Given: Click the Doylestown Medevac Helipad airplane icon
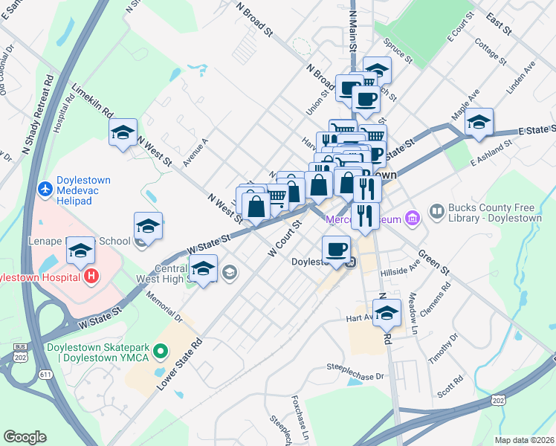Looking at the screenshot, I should point(45,187).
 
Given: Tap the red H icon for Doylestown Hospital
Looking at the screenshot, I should point(91,277).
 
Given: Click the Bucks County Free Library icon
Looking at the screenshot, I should point(436,212).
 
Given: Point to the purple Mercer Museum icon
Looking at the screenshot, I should point(414,218).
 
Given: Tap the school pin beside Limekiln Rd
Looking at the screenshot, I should point(123,134).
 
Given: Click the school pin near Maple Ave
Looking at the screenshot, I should point(479,123).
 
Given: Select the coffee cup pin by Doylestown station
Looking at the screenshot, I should point(336,251).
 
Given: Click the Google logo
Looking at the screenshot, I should point(25,437).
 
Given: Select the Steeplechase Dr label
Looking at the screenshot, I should point(358,367).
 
